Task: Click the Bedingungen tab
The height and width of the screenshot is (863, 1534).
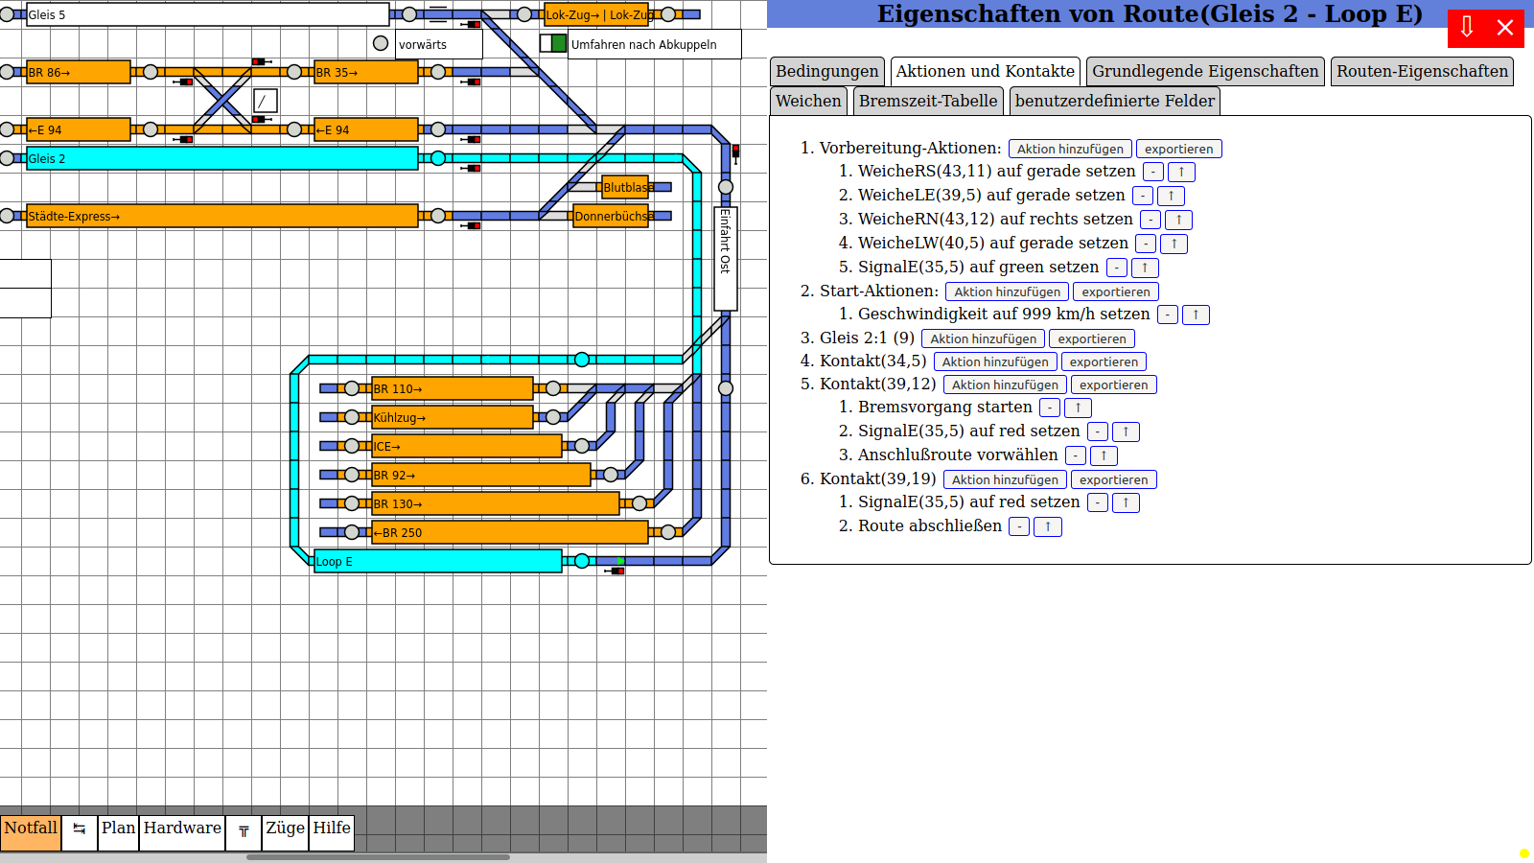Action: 826,72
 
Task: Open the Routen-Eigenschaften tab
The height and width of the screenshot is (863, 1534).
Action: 1422,72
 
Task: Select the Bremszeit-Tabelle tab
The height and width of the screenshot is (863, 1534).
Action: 927,102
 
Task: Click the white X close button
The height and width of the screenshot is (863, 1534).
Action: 1505,28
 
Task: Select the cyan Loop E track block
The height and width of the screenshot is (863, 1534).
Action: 437,561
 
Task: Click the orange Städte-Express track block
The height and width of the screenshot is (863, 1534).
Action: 221,216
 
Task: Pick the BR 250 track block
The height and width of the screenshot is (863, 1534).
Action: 509,532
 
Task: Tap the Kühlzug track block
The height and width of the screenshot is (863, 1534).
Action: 452,417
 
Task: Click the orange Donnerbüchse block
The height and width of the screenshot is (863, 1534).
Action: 611,216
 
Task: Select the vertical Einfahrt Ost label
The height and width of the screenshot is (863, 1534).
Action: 726,257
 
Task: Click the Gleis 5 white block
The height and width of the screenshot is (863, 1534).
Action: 207,14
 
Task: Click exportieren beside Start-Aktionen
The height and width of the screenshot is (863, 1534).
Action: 1115,292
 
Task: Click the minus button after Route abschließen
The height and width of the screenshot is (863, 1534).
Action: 1019,526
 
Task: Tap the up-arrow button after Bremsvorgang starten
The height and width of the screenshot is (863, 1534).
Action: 1078,408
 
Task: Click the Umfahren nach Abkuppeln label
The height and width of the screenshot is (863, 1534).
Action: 644,44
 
